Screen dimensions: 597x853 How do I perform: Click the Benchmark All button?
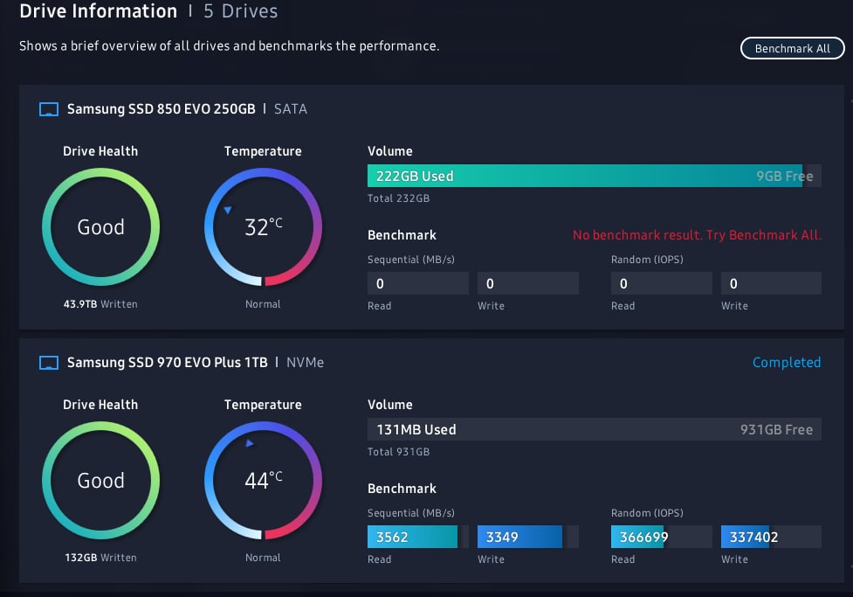tap(792, 48)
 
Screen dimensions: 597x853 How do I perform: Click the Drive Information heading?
tap(98, 11)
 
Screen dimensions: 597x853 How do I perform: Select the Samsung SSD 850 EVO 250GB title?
tap(161, 109)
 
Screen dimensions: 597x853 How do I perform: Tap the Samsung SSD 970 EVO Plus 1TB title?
tap(167, 362)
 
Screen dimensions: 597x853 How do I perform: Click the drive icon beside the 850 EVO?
tap(50, 109)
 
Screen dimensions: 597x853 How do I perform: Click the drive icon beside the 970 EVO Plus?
tap(50, 362)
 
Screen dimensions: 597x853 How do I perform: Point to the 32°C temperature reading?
tap(263, 227)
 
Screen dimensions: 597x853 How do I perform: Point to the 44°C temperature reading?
tap(263, 480)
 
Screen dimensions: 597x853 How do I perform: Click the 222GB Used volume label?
tap(415, 177)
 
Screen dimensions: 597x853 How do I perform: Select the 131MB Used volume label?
tap(416, 430)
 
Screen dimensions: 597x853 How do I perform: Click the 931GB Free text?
tap(776, 430)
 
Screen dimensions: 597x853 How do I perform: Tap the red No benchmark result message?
tap(697, 235)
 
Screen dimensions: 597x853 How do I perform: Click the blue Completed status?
tap(787, 362)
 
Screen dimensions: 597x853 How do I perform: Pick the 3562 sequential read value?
tap(392, 537)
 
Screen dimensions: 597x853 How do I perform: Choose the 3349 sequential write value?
tap(502, 537)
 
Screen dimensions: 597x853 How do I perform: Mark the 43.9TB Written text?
tap(100, 304)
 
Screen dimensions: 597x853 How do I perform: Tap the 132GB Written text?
tap(100, 558)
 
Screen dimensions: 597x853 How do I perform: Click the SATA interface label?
tap(291, 109)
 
